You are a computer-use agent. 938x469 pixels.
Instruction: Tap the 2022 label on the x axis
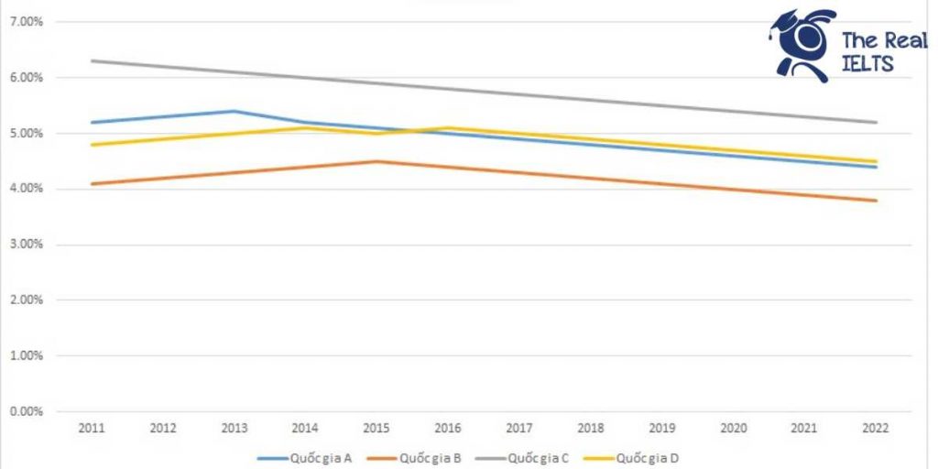tap(877, 428)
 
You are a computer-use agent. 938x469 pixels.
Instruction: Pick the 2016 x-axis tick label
tap(449, 428)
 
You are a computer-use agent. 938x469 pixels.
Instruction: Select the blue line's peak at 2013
tap(234, 111)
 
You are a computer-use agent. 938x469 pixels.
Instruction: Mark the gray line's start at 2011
tap(93, 60)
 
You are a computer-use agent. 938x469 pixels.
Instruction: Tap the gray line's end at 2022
tap(877, 122)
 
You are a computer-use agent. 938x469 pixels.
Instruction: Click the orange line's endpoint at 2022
tap(877, 201)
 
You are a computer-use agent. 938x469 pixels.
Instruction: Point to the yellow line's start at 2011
tap(93, 145)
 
